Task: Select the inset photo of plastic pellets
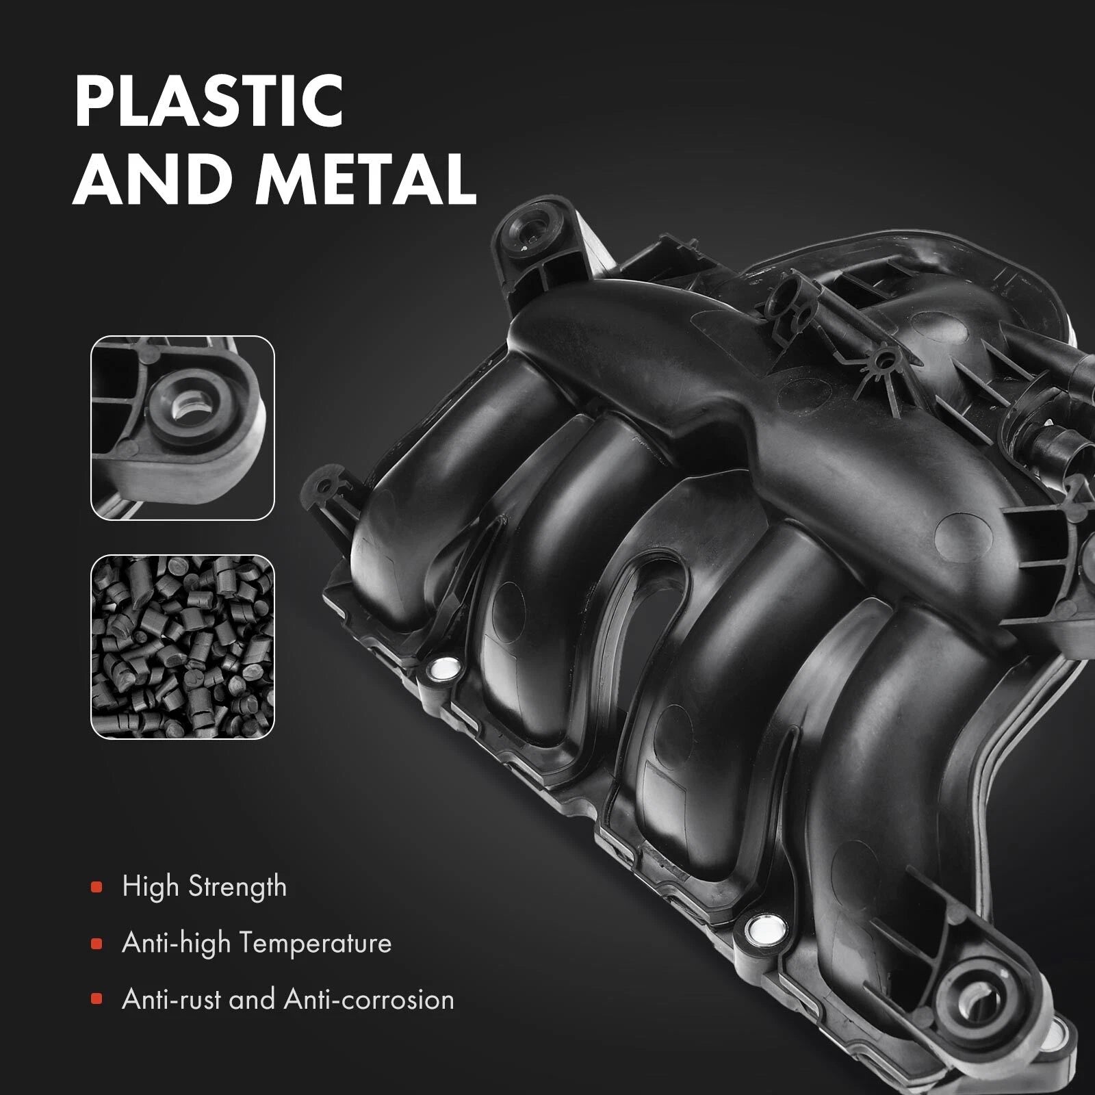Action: (183, 646)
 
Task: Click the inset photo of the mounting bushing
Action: (183, 428)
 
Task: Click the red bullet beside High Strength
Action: (96, 888)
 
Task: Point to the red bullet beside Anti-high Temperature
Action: (96, 944)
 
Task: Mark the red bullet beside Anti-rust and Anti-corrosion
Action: (96, 1001)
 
